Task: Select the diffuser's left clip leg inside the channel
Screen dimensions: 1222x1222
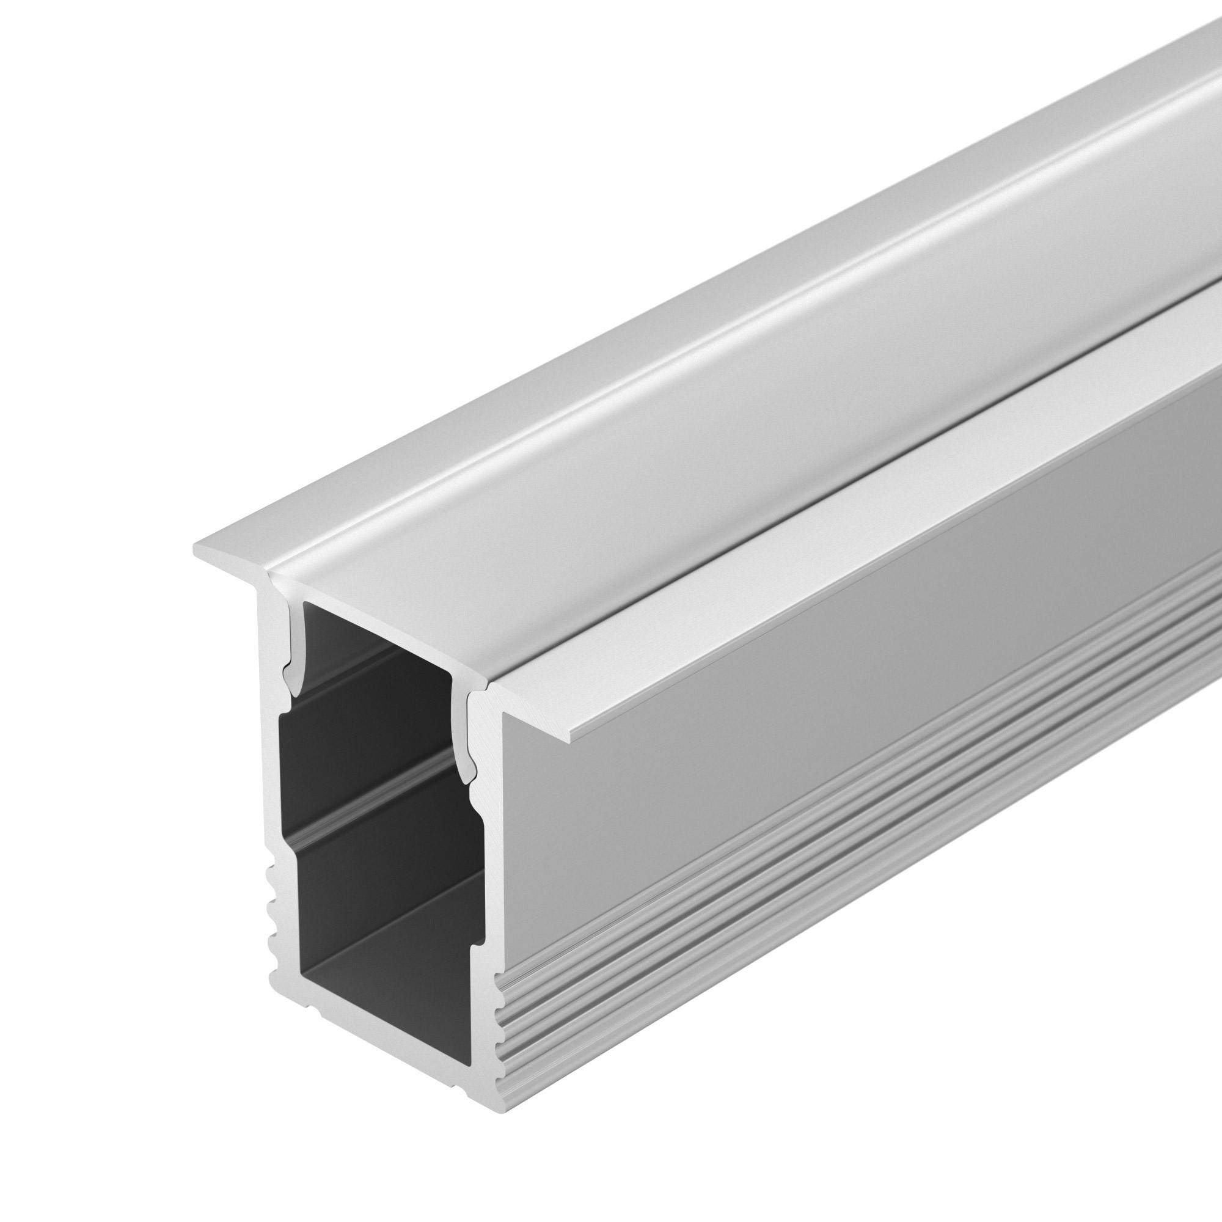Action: pyautogui.click(x=292, y=651)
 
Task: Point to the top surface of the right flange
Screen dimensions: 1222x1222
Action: pyautogui.click(x=885, y=506)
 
